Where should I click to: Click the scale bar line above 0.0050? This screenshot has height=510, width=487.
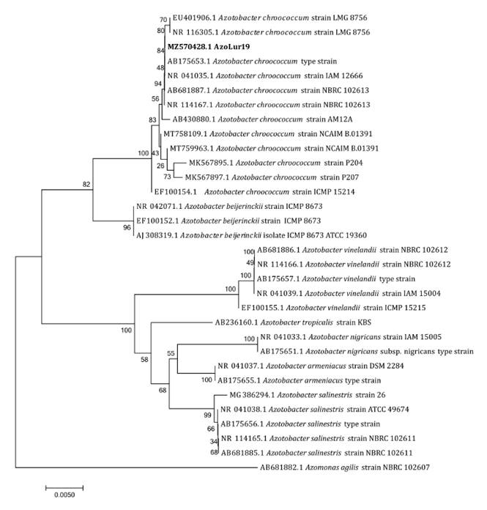(x=64, y=486)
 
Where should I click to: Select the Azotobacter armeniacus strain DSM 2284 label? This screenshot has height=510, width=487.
(x=300, y=366)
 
